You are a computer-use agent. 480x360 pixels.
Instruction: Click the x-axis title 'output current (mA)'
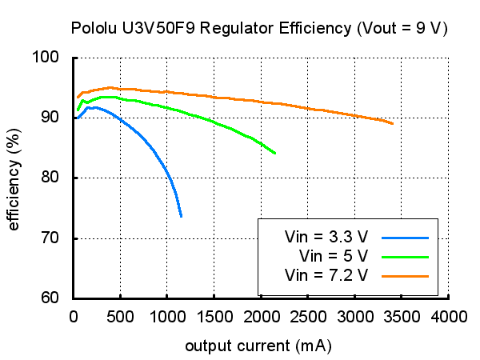(258, 346)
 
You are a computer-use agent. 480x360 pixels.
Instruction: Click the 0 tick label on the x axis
(73, 316)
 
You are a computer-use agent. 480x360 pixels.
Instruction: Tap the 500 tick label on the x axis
(119, 316)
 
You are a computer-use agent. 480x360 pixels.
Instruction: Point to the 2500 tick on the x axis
(307, 316)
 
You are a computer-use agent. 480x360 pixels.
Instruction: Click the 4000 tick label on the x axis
(448, 316)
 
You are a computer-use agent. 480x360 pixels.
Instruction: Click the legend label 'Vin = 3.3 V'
(326, 238)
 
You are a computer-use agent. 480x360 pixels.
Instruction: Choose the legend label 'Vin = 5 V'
(333, 257)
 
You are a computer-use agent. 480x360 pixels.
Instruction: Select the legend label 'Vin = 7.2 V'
(326, 276)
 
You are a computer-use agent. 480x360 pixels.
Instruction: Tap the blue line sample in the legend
(406, 238)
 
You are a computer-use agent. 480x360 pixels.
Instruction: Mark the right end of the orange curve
(393, 123)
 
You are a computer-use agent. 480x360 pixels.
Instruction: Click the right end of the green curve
(276, 154)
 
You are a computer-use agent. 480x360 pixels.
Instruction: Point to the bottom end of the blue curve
(182, 217)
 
